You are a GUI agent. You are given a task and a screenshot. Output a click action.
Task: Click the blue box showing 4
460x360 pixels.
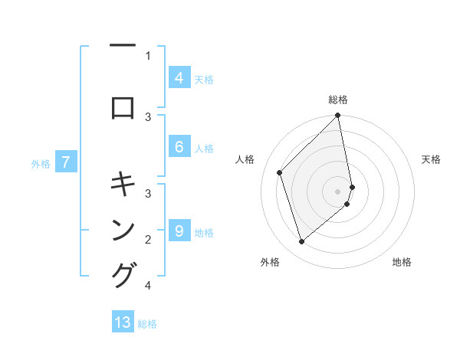[179, 77]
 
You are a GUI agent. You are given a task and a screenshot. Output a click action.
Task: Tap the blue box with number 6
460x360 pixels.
[179, 147]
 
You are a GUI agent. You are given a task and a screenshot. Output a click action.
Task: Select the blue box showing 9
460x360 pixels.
[179, 231]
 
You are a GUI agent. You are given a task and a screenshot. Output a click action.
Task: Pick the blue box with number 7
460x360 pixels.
[67, 162]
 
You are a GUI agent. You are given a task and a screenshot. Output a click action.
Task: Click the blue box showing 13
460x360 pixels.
[123, 322]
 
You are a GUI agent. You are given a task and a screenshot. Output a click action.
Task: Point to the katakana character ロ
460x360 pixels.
[123, 108]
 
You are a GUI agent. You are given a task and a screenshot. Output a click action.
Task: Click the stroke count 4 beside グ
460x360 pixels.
[147, 286]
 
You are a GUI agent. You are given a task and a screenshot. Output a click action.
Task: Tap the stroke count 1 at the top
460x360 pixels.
[147, 55]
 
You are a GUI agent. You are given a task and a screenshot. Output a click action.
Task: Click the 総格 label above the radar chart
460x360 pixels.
[338, 100]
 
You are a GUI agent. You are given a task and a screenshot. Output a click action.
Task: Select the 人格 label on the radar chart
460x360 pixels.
[245, 159]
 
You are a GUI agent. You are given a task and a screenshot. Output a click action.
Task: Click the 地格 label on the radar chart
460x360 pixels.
[402, 262]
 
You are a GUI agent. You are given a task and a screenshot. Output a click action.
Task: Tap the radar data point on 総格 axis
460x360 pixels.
[338, 116]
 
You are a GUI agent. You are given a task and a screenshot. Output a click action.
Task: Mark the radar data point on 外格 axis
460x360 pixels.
[301, 242]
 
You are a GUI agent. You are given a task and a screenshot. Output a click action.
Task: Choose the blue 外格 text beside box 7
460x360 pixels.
[41, 163]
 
